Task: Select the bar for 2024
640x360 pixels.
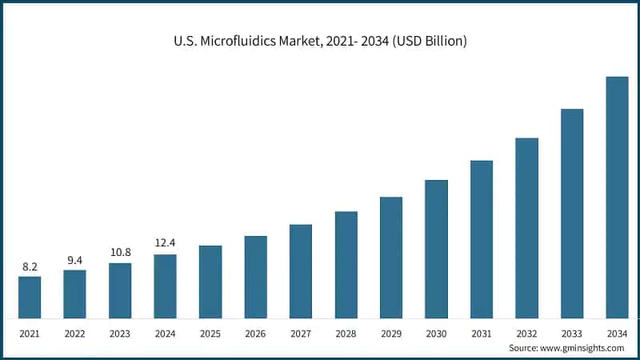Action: click(x=165, y=286)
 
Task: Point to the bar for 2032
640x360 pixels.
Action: click(x=526, y=228)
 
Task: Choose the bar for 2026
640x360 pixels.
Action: click(x=255, y=277)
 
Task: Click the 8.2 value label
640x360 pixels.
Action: click(x=30, y=267)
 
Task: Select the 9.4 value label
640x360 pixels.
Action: click(x=74, y=260)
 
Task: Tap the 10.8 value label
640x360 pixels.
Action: click(x=120, y=253)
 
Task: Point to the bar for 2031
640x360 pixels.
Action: click(x=482, y=239)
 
